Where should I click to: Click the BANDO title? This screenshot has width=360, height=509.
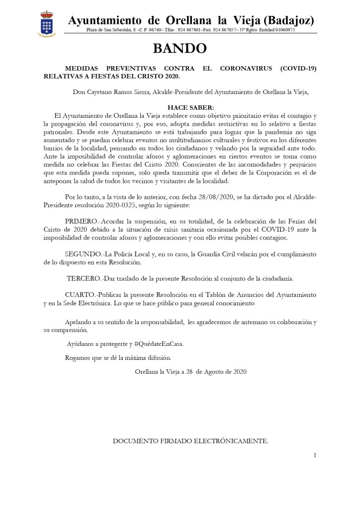[180, 48]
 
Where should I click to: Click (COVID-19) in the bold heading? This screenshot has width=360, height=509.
[298, 68]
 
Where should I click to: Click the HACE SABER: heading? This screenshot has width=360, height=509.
[190, 107]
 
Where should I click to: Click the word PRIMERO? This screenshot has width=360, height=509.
[83, 221]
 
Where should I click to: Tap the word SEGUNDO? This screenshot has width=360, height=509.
[83, 254]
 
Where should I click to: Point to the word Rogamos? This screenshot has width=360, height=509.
[78, 357]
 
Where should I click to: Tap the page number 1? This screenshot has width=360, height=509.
[315, 455]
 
